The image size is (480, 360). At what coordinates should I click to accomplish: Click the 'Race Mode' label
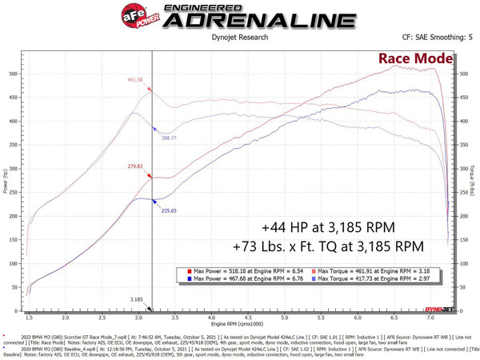click(416, 58)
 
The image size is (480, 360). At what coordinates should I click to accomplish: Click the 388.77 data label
click(169, 138)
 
